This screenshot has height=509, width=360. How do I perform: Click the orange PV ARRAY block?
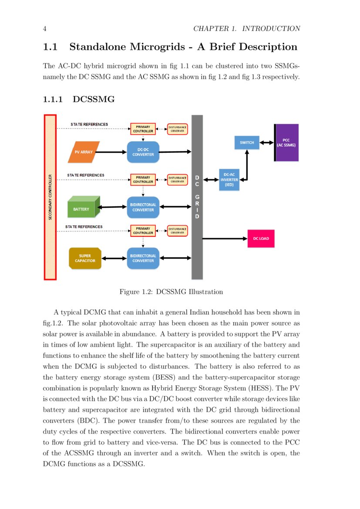click(x=84, y=152)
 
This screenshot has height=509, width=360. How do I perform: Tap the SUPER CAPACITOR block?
click(x=85, y=258)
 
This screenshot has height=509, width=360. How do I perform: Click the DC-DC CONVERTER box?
click(x=143, y=152)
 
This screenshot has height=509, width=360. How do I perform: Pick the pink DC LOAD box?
click(x=261, y=239)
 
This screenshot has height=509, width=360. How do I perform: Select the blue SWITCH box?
click(x=247, y=142)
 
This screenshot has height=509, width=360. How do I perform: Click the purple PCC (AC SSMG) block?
click(x=286, y=143)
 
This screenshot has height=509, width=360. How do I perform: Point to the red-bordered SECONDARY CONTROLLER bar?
click(x=50, y=197)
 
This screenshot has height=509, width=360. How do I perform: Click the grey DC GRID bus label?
click(x=197, y=197)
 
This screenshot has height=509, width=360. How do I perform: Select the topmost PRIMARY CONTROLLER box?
click(x=143, y=129)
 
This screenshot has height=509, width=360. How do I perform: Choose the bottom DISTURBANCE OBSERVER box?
click(x=177, y=231)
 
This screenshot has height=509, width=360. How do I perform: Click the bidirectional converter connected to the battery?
click(x=143, y=207)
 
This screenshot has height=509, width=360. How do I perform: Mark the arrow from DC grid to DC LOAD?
click(x=224, y=239)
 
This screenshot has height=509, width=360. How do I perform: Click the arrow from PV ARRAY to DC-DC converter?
click(x=111, y=152)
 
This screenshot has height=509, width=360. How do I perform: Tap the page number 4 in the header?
click(x=45, y=29)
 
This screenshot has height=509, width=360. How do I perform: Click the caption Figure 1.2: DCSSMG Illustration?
click(x=171, y=292)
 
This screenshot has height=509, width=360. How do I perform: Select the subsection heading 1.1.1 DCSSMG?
click(x=79, y=100)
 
